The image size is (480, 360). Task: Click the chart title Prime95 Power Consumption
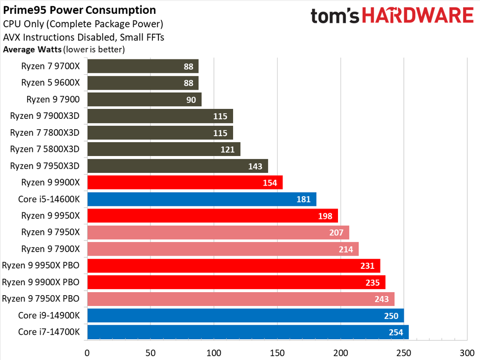click(x=80, y=10)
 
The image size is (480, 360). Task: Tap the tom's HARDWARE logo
click(x=392, y=15)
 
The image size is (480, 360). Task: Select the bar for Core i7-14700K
click(x=247, y=332)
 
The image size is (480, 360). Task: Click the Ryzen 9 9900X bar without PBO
click(x=185, y=183)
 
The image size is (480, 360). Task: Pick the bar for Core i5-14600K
click(x=201, y=199)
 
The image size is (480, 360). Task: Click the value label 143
click(x=255, y=166)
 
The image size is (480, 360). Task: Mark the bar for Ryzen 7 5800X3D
click(x=163, y=149)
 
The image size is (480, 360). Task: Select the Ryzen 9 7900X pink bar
click(x=223, y=249)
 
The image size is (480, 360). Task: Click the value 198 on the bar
click(x=328, y=216)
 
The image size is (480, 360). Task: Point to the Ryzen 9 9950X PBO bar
click(x=234, y=266)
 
